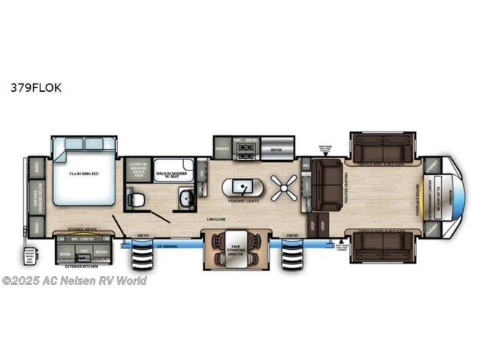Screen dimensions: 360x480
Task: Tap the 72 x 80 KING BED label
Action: click(83, 174)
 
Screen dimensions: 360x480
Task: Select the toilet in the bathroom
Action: click(135, 198)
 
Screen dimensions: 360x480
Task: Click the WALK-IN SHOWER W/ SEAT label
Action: click(172, 174)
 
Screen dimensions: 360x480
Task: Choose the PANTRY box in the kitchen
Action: click(222, 148)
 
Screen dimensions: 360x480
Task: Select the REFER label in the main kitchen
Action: click(276, 149)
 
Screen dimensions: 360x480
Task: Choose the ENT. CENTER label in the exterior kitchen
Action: click(80, 238)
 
